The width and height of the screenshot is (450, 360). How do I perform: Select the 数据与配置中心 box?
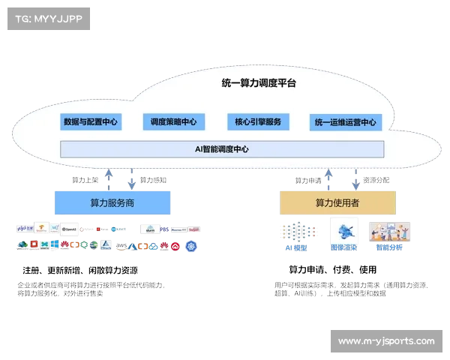pyautogui.click(x=90, y=121)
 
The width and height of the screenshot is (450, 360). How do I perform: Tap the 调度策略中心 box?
pyautogui.click(x=173, y=121)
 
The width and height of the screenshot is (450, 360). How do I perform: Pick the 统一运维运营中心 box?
pyautogui.click(x=346, y=122)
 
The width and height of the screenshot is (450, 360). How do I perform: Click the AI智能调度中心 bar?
pyautogui.click(x=222, y=149)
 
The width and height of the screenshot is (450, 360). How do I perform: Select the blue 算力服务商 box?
pyautogui.click(x=112, y=202)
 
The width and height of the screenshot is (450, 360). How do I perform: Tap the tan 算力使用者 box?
pyautogui.click(x=337, y=202)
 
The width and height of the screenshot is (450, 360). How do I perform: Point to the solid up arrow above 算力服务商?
pyautogui.click(x=108, y=178)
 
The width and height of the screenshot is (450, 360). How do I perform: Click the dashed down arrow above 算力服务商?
pyautogui.click(x=131, y=178)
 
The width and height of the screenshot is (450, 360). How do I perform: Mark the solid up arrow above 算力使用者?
pyautogui.click(x=327, y=178)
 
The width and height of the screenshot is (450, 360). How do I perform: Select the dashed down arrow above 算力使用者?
pyautogui.click(x=355, y=178)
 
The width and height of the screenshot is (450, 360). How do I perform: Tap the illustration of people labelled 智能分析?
pyautogui.click(x=389, y=233)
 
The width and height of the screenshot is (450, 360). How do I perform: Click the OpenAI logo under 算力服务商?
pyautogui.click(x=70, y=229)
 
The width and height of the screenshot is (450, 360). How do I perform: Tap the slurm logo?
pyautogui.click(x=150, y=229)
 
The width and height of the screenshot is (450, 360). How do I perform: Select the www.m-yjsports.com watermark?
pyautogui.click(x=386, y=341)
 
